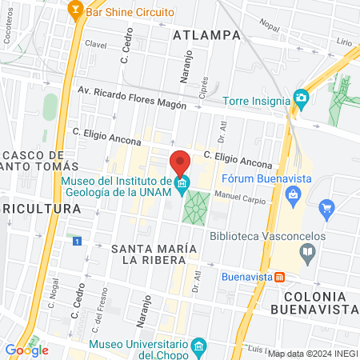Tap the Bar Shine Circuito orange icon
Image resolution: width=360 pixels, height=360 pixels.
click(75, 10)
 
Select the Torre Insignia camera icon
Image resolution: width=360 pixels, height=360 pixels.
click(302, 98)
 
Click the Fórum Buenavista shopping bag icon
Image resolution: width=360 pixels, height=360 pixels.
click(294, 194)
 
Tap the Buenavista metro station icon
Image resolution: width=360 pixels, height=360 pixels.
click(280, 278)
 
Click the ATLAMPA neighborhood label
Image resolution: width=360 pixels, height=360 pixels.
click(206, 34)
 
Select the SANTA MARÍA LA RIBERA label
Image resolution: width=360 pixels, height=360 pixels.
click(154, 253)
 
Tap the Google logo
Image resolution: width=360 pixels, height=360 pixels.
click(26, 350)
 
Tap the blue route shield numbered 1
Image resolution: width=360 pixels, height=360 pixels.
click(77, 241)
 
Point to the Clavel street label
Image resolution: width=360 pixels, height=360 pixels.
click(95, 45)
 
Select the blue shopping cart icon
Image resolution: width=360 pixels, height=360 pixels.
click(326, 210)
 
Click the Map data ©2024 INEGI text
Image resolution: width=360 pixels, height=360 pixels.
click(312, 354)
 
